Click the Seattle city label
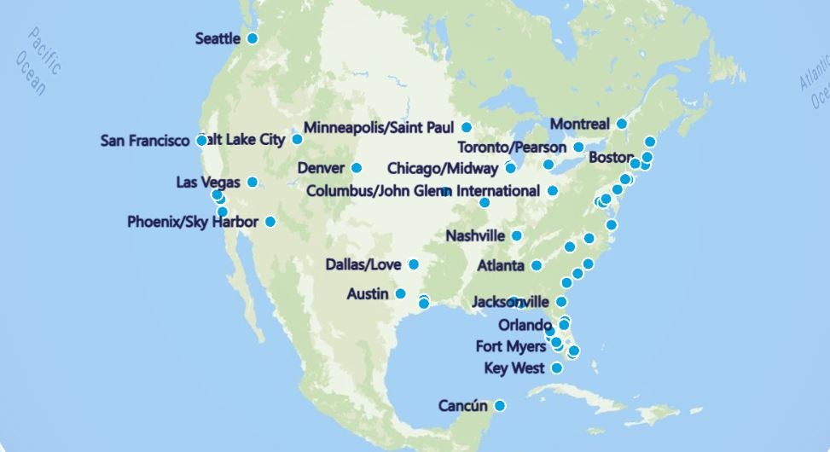coord(218,38)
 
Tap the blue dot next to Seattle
coord(252,38)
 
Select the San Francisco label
coord(144,141)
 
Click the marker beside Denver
coord(357,168)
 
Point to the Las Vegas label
coord(208,183)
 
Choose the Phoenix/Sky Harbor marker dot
coord(270,222)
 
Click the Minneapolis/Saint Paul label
coord(379,128)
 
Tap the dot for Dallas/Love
coord(414,264)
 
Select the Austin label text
coord(368,294)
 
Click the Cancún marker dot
coord(500,405)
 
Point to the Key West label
coord(514,368)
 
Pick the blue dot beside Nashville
coord(517,235)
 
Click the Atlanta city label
coord(501,266)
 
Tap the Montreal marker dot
coord(622,124)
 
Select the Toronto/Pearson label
coord(512,148)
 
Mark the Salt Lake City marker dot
coord(298,139)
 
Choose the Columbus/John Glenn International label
coord(423,190)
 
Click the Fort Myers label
coord(511,346)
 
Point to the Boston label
coord(611,158)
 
